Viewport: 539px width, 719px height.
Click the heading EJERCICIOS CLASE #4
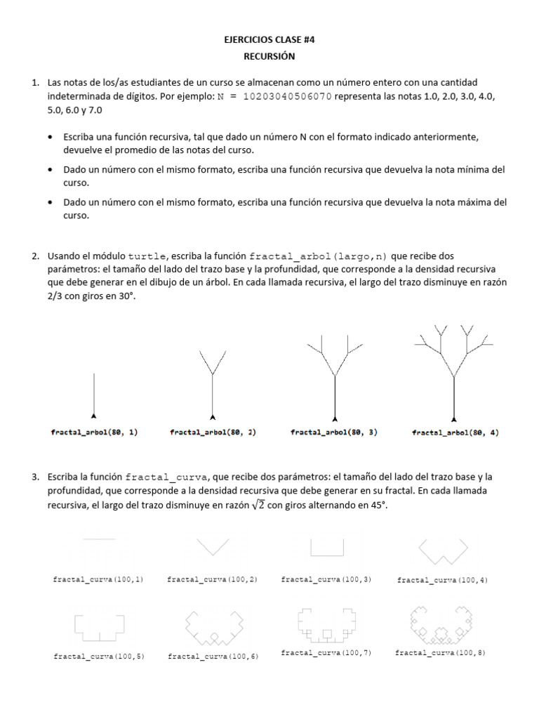click(269, 41)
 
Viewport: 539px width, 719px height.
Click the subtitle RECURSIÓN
click(269, 56)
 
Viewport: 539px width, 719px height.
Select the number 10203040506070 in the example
click(287, 96)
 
